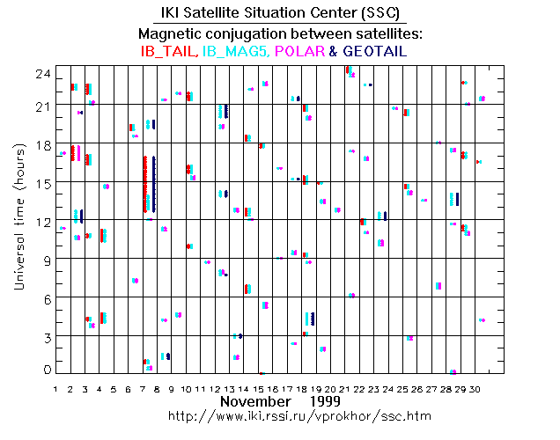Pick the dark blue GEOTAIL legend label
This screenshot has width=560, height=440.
click(373, 52)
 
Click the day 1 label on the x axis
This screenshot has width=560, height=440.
click(55, 387)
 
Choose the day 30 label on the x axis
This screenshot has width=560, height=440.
click(475, 387)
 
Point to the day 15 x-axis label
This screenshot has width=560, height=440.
click(258, 387)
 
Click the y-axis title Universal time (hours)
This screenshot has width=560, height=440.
click(18, 220)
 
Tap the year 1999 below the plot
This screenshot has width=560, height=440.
click(325, 401)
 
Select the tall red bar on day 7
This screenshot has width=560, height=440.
click(145, 184)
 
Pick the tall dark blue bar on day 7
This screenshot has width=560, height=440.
click(154, 184)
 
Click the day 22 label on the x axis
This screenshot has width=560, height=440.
click(359, 387)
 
